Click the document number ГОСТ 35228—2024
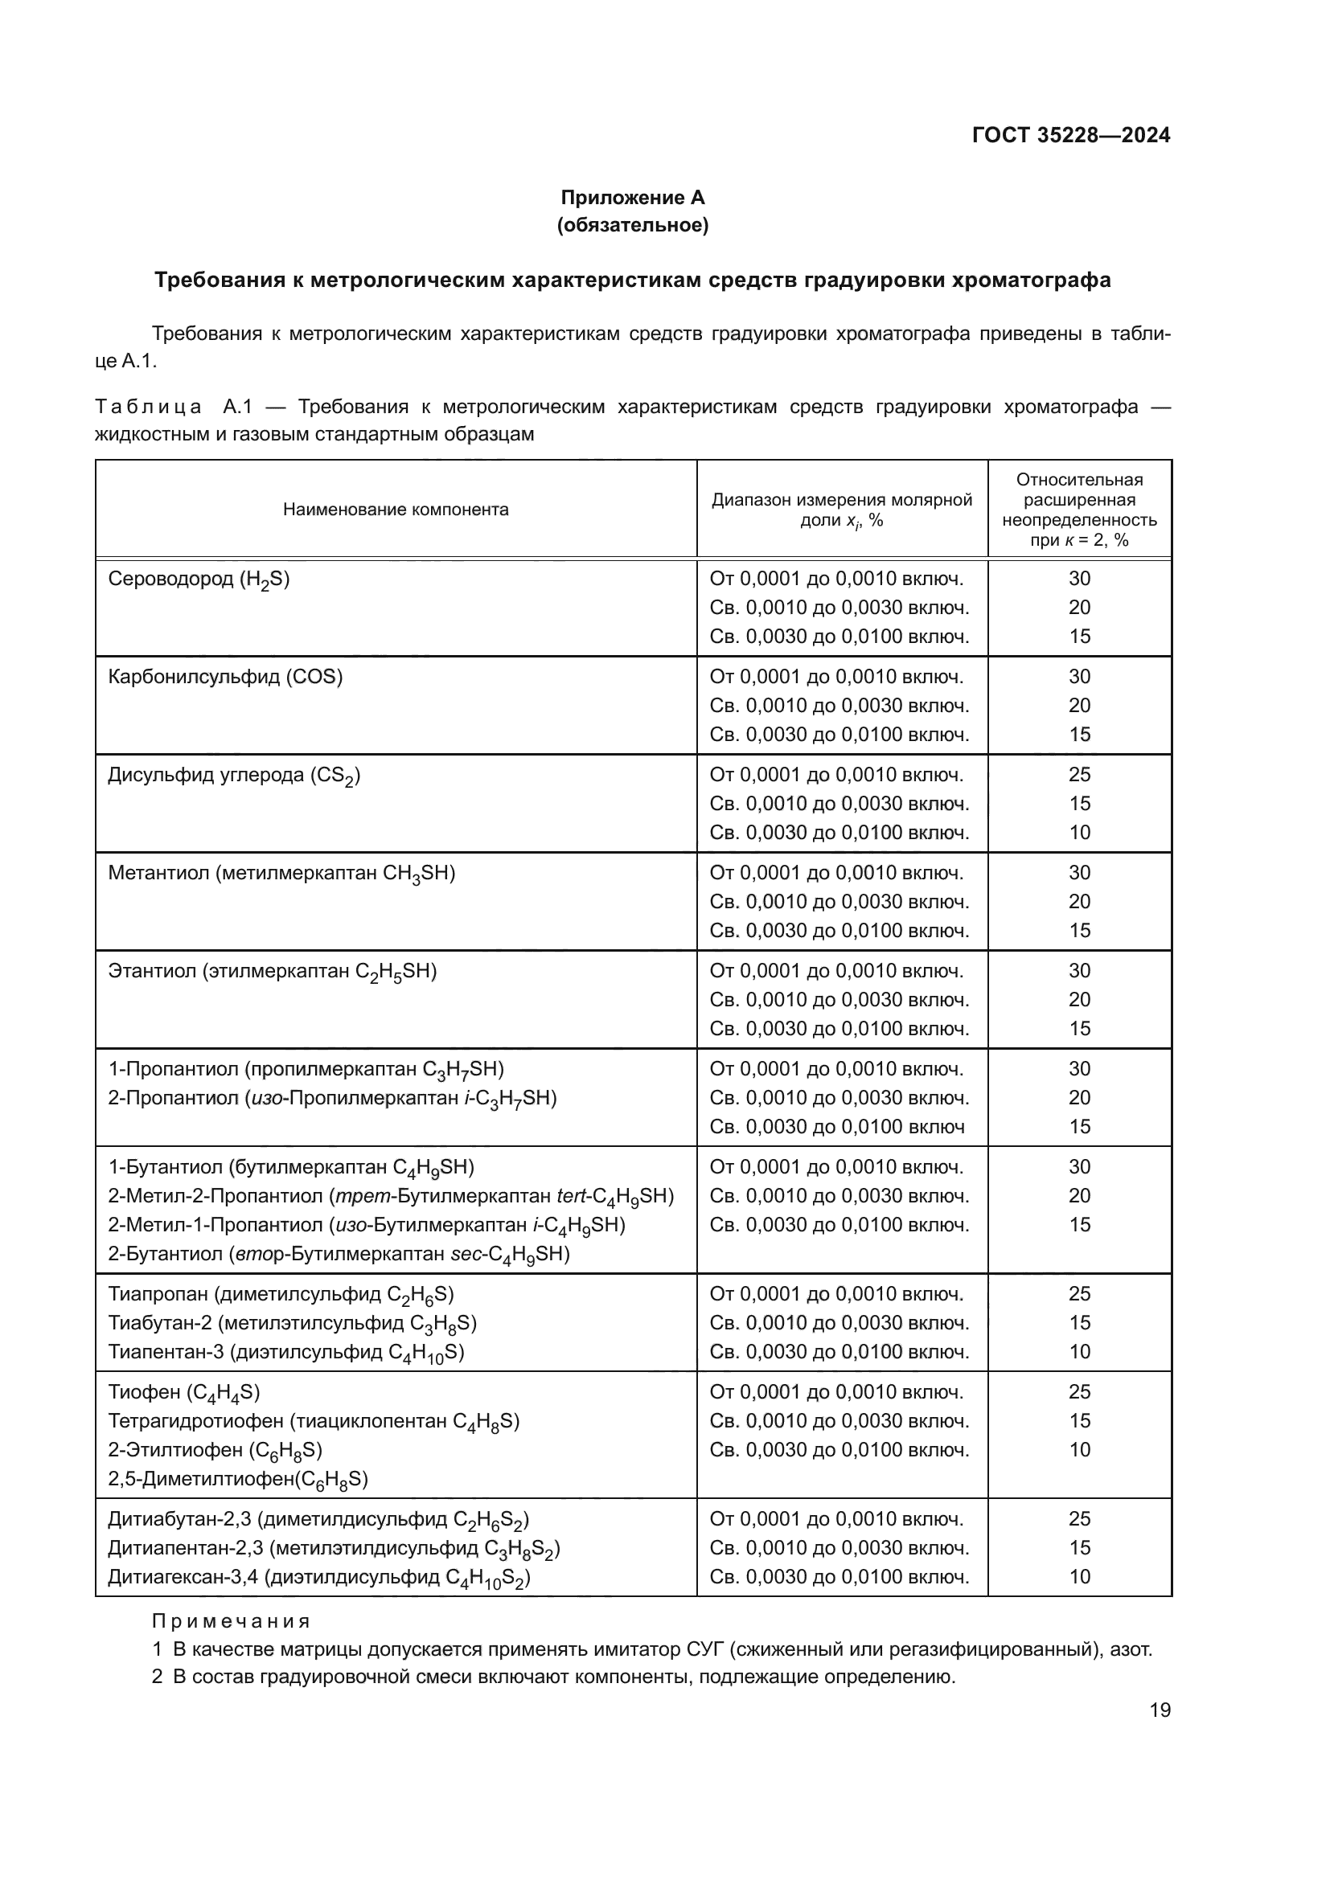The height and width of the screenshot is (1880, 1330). pos(1070,136)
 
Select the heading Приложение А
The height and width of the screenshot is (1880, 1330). pos(632,198)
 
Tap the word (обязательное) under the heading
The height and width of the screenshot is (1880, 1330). pos(632,225)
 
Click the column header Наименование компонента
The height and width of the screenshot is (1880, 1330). pos(396,510)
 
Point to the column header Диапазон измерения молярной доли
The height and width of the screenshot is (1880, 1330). pos(841,510)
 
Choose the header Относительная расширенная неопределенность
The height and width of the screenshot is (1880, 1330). pos(1078,510)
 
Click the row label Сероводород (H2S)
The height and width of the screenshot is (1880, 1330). pos(199,580)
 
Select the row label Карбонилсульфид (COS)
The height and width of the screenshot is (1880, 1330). pos(225,677)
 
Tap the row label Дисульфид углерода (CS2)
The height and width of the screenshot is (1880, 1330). pos(234,776)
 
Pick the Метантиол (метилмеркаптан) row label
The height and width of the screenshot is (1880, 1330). pos(281,874)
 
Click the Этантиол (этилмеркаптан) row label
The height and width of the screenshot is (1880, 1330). pos(273,972)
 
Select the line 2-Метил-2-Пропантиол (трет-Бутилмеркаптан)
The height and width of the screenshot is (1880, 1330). pos(391,1196)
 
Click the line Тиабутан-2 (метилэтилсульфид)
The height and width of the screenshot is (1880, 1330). pos(293,1323)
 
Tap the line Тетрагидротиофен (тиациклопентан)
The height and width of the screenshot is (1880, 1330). pos(314,1422)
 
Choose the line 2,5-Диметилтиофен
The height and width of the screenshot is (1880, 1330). pos(238,1479)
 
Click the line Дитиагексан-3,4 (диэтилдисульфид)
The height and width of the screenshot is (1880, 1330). pos(319,1577)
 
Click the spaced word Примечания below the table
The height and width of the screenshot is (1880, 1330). pos(231,1621)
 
